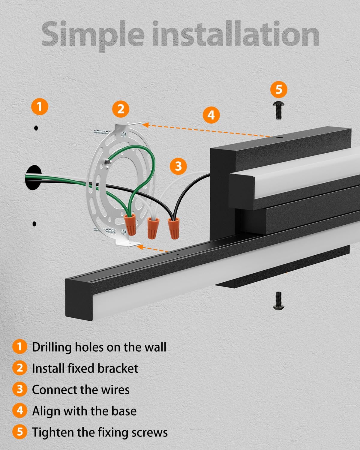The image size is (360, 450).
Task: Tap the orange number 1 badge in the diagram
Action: tap(40, 106)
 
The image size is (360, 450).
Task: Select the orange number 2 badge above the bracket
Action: tap(121, 109)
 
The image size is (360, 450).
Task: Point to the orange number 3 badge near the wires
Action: tap(178, 166)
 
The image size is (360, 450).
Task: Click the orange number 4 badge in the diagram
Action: tap(211, 115)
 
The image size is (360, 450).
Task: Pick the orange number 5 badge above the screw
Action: tap(279, 89)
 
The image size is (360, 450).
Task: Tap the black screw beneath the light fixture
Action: tap(278, 300)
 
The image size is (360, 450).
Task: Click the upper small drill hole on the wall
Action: tap(36, 128)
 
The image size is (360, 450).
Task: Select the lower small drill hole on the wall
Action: tap(34, 224)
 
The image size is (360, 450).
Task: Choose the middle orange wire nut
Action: tap(152, 228)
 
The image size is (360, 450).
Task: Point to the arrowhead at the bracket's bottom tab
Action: tap(140, 247)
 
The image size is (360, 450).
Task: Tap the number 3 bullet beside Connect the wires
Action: tap(20, 389)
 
